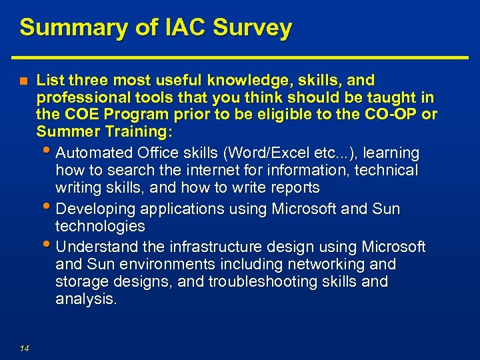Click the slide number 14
(24, 347)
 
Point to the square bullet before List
(23, 81)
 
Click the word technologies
(100, 227)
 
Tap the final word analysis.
(86, 299)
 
